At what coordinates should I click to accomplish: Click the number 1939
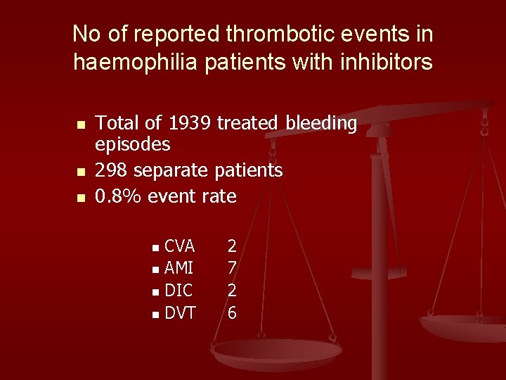190,124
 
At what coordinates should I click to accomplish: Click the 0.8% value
117,196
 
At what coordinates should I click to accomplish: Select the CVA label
179,246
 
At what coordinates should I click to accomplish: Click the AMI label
179,268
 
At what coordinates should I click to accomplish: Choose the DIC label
179,291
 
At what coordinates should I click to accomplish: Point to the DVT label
180,313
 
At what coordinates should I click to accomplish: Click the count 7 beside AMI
232,268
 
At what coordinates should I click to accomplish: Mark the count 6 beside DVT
232,313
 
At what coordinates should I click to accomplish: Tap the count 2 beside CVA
232,246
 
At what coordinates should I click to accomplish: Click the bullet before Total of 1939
80,125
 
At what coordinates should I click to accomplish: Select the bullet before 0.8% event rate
80,197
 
